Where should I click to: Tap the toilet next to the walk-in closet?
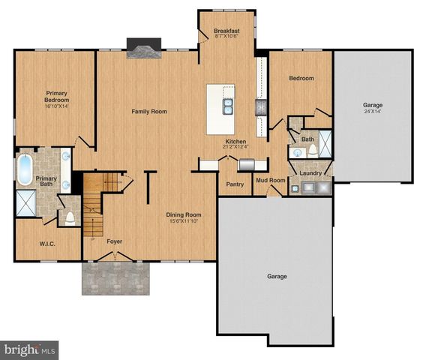[69, 218]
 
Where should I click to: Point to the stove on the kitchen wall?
[261, 109]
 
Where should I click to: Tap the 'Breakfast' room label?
[226, 29]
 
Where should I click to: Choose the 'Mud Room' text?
[270, 181]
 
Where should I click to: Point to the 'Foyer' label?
[114, 242]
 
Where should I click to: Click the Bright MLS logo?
[30, 349]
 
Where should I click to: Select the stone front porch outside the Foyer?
[115, 278]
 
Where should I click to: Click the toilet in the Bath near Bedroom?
[312, 150]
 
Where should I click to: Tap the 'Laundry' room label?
[310, 173]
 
